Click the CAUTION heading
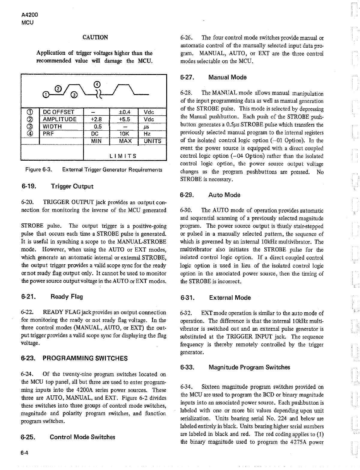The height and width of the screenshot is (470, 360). click(x=95, y=37)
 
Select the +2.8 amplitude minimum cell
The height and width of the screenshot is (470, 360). click(x=96, y=119)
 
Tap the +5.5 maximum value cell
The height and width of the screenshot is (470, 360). click(x=124, y=119)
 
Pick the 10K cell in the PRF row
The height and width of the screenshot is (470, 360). click(x=124, y=134)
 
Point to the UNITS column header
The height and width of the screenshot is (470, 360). click(x=152, y=141)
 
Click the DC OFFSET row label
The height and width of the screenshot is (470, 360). click(x=58, y=112)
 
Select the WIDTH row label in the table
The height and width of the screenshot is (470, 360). click(x=52, y=126)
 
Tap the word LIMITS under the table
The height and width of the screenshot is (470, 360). click(x=123, y=156)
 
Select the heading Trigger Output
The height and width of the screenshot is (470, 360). click(x=72, y=186)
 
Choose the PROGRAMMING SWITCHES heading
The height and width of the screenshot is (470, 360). click(x=85, y=358)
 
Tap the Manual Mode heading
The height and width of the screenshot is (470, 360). click(x=227, y=77)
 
